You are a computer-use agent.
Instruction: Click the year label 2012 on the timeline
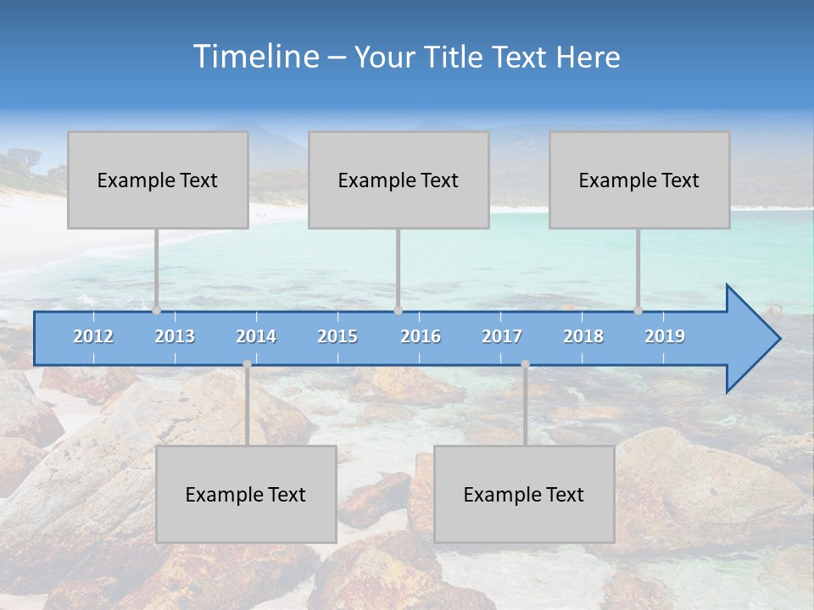click(93, 336)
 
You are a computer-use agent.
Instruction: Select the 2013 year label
click(175, 336)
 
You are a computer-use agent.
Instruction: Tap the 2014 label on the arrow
click(256, 336)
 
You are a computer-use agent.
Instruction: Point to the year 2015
click(337, 336)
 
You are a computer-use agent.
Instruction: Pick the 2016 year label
click(421, 336)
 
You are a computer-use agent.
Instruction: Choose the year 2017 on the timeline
click(502, 336)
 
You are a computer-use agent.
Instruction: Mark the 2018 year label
click(583, 336)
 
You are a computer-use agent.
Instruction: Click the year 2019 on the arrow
click(665, 336)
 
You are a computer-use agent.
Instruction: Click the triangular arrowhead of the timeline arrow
click(751, 339)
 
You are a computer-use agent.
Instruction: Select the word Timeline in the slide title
click(254, 57)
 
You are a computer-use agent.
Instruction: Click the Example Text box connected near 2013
click(158, 180)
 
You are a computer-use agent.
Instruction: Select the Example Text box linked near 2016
click(399, 180)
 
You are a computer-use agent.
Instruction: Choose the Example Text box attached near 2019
click(639, 180)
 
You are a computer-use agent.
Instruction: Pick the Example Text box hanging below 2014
click(246, 494)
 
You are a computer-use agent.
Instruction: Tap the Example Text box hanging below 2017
click(524, 494)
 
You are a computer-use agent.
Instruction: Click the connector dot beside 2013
click(157, 310)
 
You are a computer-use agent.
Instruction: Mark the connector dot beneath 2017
click(525, 364)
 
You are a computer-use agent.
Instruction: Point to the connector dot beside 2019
click(638, 310)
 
